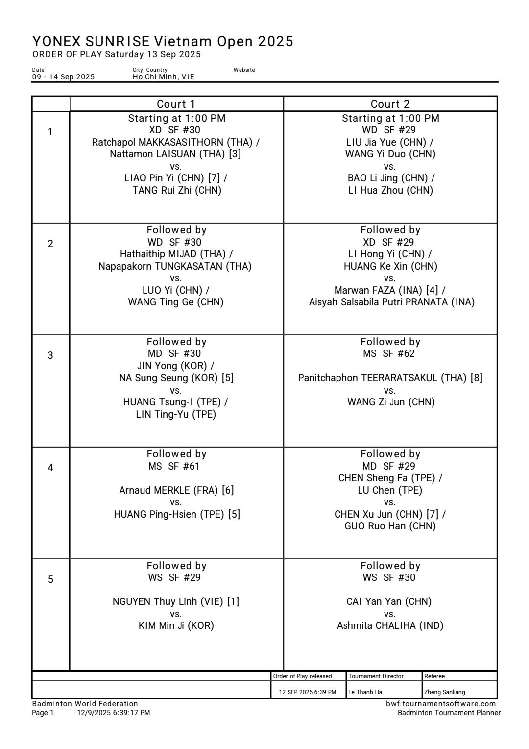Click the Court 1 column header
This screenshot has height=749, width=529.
[x=176, y=104]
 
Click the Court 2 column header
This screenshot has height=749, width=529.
[x=390, y=104]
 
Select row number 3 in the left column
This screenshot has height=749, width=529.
[x=50, y=355]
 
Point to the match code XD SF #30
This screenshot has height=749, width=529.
[x=175, y=130]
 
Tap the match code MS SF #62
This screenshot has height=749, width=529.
[x=390, y=353]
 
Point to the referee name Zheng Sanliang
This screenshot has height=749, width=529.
[x=444, y=692]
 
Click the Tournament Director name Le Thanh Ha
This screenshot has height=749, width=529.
[x=365, y=692]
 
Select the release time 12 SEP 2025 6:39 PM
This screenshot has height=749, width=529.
[x=308, y=692]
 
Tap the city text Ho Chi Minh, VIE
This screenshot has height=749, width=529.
[x=163, y=77]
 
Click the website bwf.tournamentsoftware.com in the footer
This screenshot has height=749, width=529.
[x=440, y=704]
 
